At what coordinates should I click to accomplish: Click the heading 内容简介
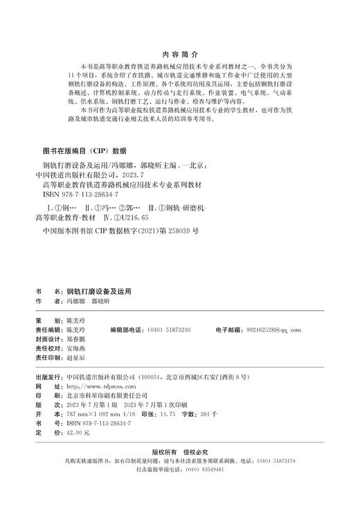click(x=179, y=52)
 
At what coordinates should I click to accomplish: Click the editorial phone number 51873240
click(x=176, y=330)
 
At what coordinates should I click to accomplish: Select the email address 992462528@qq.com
click(x=274, y=330)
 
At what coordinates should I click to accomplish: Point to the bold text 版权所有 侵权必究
click(x=180, y=451)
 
